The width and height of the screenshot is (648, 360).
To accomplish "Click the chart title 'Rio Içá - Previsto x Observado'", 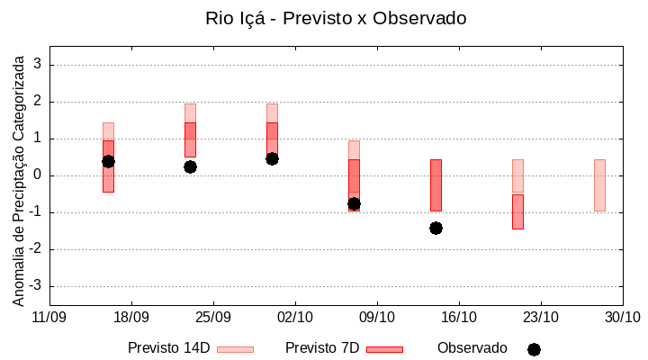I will point(336,18).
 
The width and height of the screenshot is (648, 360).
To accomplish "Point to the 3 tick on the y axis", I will point(38,65).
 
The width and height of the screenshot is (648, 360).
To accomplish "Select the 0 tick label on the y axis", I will point(38,175).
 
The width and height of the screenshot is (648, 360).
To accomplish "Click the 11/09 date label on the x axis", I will point(49,317).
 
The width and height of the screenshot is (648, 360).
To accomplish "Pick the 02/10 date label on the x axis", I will point(295,317).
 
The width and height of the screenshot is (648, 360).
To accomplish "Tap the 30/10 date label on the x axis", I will point(622,317).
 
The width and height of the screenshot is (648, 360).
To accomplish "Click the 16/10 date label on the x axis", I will point(459,317).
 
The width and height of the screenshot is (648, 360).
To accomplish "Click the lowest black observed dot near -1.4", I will point(436,228).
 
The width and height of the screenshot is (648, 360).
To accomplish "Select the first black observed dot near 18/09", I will point(108,161).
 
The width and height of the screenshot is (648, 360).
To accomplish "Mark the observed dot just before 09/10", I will point(354,203).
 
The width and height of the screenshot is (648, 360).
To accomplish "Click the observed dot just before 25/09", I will point(190,166).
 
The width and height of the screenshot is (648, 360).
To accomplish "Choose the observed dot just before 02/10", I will point(272,158).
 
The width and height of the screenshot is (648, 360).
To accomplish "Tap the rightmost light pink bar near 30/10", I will point(599,184).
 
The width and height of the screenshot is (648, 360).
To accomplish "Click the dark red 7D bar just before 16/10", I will point(436,184).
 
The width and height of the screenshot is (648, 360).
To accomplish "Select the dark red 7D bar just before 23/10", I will point(517,211).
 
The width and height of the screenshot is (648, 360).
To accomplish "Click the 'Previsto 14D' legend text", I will point(169,348).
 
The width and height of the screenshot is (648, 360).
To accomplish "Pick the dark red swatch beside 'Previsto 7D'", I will point(384,349).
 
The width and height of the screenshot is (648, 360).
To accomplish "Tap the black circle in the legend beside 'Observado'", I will point(534,349).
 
